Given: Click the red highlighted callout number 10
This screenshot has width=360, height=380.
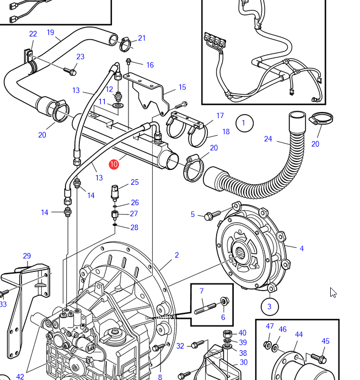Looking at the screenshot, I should coord(114,164).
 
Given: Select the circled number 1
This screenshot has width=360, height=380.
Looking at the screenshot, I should coord(244,123).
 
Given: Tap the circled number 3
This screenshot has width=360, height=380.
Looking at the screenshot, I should coord(270,306).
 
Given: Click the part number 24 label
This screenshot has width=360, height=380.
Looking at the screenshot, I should coord(268,139).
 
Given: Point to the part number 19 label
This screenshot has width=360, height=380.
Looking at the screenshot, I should coord(51,33).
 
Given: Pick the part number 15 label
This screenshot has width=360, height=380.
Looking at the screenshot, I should coord(182,87).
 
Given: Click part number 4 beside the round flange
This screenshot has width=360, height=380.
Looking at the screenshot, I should coord(302,249).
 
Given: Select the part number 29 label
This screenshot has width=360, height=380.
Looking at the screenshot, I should coord(27,256).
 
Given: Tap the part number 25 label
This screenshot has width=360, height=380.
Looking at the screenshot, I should coord(135,183).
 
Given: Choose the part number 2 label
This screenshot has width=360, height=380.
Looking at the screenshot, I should coord(177,255).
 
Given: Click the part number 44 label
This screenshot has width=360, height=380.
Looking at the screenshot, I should coord(299,334).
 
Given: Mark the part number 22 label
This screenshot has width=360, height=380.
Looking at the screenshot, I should coord(33,34).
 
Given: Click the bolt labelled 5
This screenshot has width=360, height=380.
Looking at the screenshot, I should coord(212,216).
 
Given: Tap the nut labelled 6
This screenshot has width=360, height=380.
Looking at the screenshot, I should coord(225,302).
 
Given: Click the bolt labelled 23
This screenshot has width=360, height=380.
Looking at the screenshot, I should coord(69,70).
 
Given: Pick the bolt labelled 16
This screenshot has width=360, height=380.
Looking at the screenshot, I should coord(129,62).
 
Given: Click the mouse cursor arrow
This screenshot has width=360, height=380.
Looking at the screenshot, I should coord(333,292).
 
